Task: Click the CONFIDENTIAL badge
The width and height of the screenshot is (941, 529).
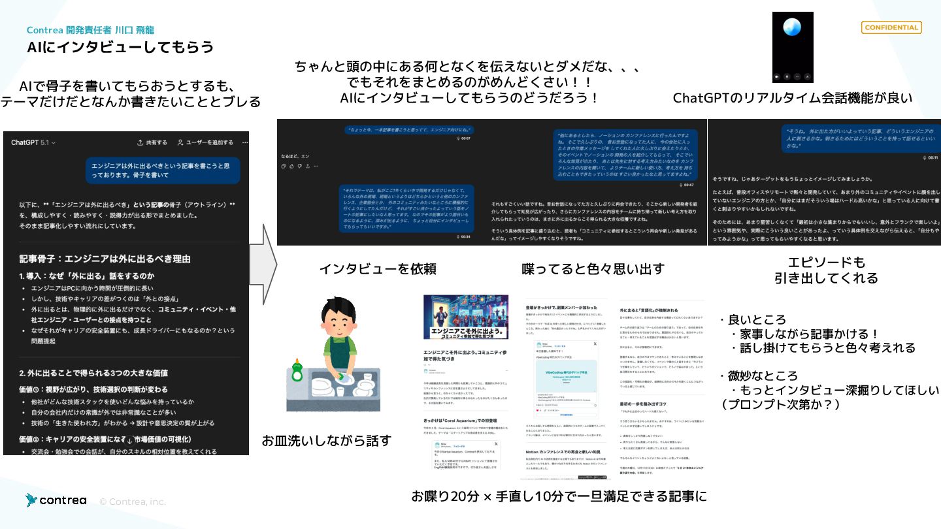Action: [x=891, y=27]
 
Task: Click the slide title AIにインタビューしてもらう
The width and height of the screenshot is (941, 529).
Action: [x=120, y=47]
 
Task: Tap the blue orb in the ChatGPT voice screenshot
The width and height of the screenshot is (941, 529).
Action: [x=792, y=27]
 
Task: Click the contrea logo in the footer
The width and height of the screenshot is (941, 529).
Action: [x=56, y=500]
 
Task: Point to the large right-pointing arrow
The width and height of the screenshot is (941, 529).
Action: [x=263, y=264]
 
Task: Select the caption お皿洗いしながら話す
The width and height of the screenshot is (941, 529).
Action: [x=326, y=441]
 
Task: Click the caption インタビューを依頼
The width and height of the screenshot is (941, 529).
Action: [x=378, y=268]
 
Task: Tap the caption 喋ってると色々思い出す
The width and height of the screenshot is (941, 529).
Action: [x=593, y=268]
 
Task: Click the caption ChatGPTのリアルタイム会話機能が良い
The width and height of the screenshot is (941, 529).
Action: [x=792, y=98]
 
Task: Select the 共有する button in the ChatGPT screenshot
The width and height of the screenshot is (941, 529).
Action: [x=152, y=142]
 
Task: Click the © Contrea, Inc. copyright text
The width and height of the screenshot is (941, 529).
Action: [x=133, y=502]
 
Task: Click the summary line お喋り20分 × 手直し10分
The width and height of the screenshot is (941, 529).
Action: [x=559, y=496]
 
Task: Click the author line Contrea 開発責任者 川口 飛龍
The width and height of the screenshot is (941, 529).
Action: [x=90, y=30]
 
